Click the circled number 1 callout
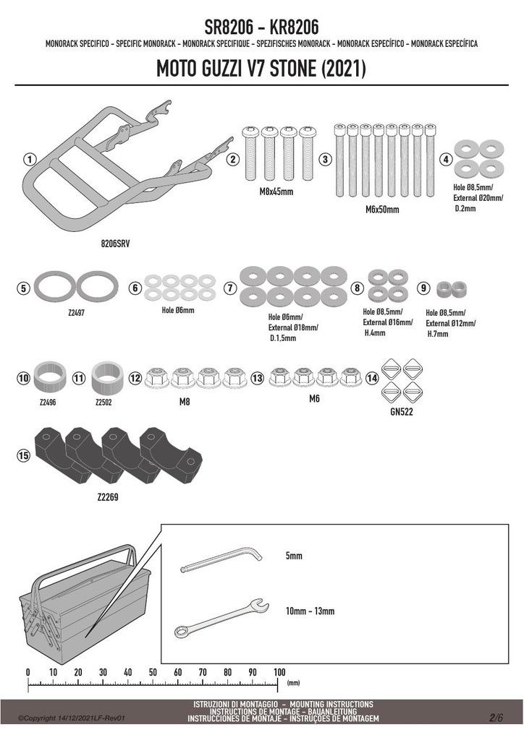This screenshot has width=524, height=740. click(30, 160)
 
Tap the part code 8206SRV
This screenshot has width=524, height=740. click(115, 244)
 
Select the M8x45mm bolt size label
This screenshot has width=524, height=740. click(276, 192)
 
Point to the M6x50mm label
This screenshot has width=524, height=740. click(382, 210)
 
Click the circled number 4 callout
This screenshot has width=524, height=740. click(446, 160)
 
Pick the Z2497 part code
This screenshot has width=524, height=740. click(76, 313)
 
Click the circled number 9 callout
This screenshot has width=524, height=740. click(424, 288)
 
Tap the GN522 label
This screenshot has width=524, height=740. click(402, 412)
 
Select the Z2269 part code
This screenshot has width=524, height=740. click(108, 497)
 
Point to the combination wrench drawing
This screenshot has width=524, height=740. click(221, 619)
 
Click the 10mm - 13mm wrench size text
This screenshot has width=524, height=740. click(310, 611)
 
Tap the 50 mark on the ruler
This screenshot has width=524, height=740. click(153, 672)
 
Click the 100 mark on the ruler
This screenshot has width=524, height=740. click(279, 672)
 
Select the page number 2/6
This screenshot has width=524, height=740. click(496, 718)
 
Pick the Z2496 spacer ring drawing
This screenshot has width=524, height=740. click(48, 377)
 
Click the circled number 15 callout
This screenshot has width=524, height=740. click(23, 455)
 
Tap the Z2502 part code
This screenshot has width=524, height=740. click(103, 403)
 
